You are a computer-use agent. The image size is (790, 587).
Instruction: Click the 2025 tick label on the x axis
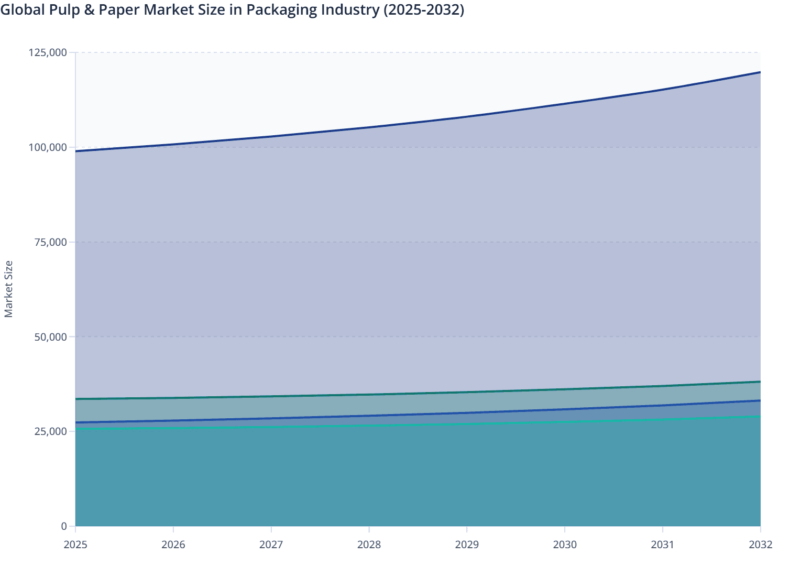click(75, 545)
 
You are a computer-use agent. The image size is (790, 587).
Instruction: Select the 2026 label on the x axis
click(173, 545)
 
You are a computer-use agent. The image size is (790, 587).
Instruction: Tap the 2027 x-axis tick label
click(271, 545)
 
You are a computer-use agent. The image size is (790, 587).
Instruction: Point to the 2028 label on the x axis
click(369, 545)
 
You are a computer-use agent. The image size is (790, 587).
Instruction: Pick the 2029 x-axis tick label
click(467, 545)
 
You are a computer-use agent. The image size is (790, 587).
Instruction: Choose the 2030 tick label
click(565, 545)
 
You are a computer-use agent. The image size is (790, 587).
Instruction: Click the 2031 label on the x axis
click(662, 545)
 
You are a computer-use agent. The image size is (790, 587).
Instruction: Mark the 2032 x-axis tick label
click(760, 545)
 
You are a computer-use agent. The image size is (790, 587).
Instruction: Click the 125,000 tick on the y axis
click(47, 52)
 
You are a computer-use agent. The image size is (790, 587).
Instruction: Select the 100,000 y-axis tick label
click(47, 147)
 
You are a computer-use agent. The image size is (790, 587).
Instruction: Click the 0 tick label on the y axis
click(64, 526)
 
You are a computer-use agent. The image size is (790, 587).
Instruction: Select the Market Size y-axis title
click(8, 289)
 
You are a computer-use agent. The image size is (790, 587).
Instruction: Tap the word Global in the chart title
click(19, 10)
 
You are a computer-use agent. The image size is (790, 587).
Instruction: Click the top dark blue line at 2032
click(760, 72)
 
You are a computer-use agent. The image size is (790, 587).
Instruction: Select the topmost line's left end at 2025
click(76, 151)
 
